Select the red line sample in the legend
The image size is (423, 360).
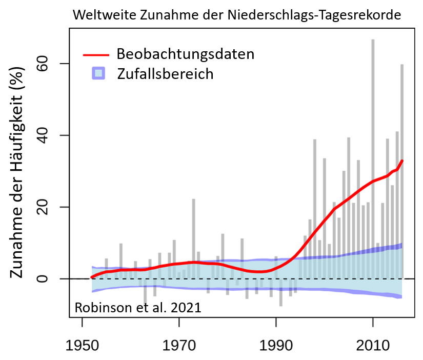click(96, 54)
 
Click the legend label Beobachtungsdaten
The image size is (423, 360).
click(186, 54)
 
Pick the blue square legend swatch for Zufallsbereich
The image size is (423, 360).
click(97, 73)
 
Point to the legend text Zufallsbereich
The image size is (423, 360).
click(165, 74)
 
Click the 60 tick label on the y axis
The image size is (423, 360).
click(50, 64)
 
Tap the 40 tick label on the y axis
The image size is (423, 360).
click(50, 135)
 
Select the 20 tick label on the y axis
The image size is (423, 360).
click(50, 207)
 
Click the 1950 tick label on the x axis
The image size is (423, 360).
click(82, 341)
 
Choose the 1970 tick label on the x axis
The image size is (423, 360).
click(179, 341)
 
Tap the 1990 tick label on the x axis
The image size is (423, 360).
click(276, 341)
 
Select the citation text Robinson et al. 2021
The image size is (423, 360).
click(138, 308)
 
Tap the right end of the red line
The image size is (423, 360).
click(402, 161)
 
